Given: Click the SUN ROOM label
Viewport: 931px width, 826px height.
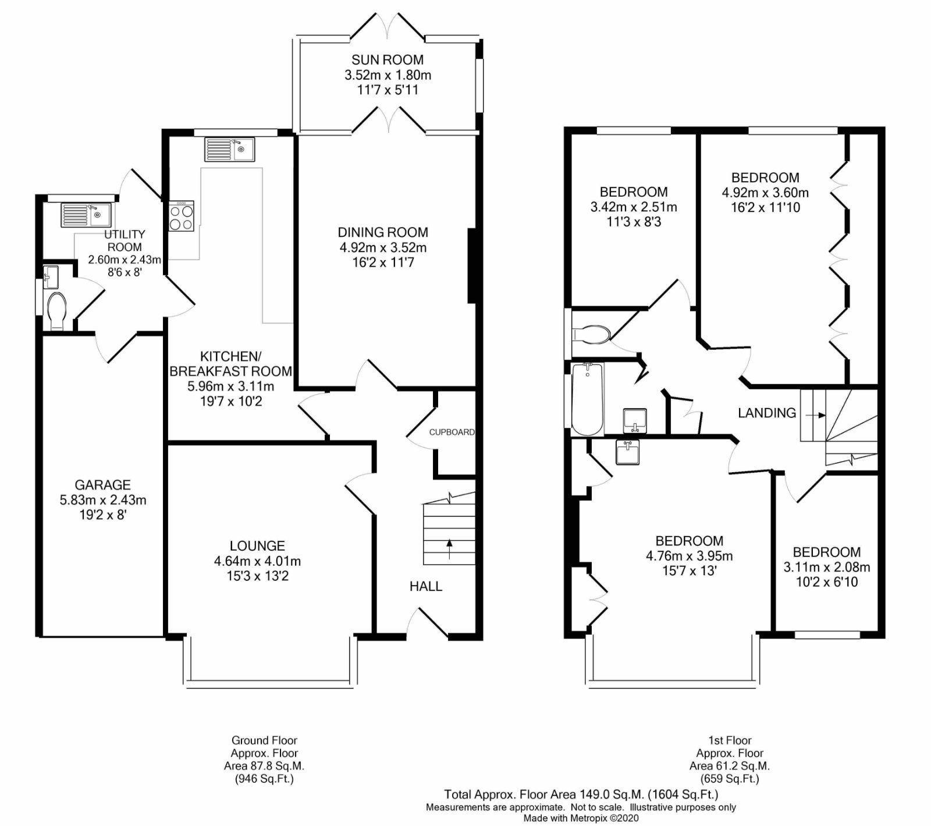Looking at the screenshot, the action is pyautogui.click(x=388, y=59).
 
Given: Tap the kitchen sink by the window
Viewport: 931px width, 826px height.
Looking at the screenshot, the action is pyautogui.click(x=229, y=149).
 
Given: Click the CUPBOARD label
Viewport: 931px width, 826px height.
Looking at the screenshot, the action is pyautogui.click(x=452, y=432).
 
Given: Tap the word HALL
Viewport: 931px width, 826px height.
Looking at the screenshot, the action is pyautogui.click(x=426, y=586).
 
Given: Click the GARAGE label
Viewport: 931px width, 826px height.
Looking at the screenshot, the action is pyautogui.click(x=103, y=485).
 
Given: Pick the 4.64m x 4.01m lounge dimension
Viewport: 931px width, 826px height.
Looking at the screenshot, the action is pyautogui.click(x=257, y=561).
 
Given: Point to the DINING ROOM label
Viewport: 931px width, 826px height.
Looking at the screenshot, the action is pyautogui.click(x=383, y=232).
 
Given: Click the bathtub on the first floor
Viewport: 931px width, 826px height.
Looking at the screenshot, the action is pyautogui.click(x=588, y=399).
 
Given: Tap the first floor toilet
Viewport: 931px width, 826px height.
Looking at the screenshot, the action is pyautogui.click(x=591, y=334).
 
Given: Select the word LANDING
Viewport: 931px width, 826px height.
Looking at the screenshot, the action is pyautogui.click(x=767, y=413).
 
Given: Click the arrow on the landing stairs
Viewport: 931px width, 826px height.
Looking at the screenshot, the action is pyautogui.click(x=815, y=415).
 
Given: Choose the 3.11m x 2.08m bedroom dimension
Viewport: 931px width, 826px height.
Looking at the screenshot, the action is pyautogui.click(x=826, y=567).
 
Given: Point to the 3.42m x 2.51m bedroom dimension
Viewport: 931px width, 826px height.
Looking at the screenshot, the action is pyautogui.click(x=634, y=207).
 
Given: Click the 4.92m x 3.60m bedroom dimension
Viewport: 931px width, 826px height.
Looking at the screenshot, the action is pyautogui.click(x=765, y=193).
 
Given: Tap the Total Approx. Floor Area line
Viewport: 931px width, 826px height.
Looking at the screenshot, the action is pyautogui.click(x=581, y=794).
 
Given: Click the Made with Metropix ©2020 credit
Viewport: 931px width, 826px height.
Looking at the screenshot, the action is pyautogui.click(x=581, y=818).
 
